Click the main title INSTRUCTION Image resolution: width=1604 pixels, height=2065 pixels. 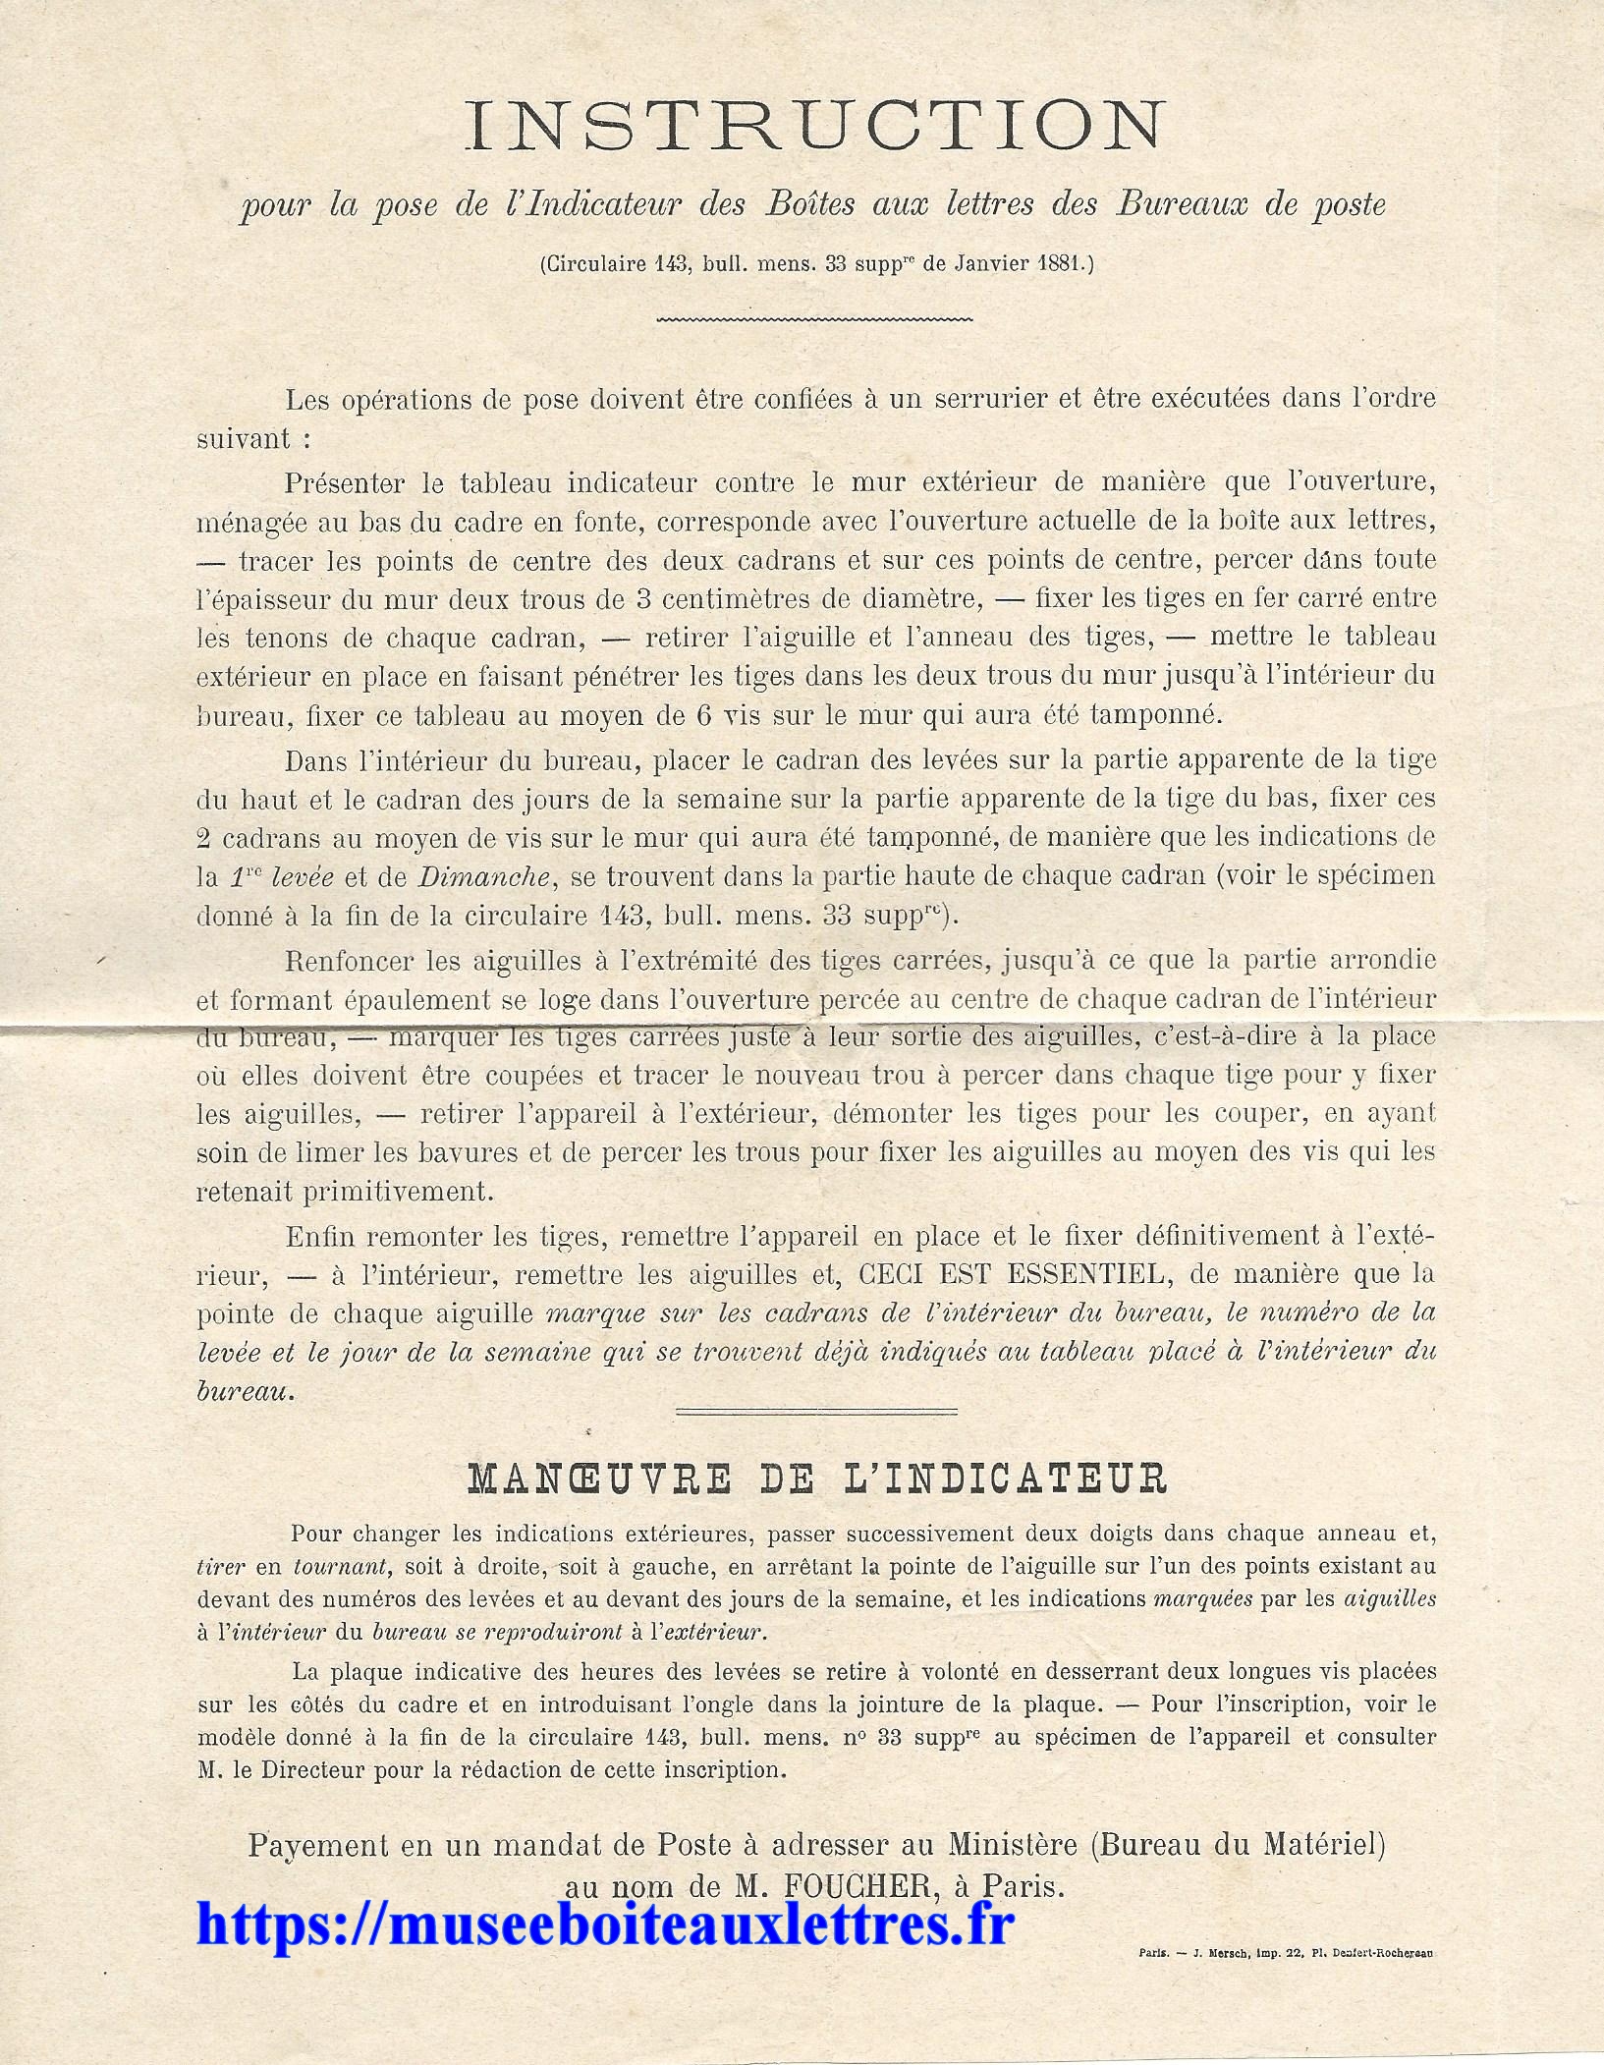(x=812, y=127)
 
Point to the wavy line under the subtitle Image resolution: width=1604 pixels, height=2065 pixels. (x=812, y=319)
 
